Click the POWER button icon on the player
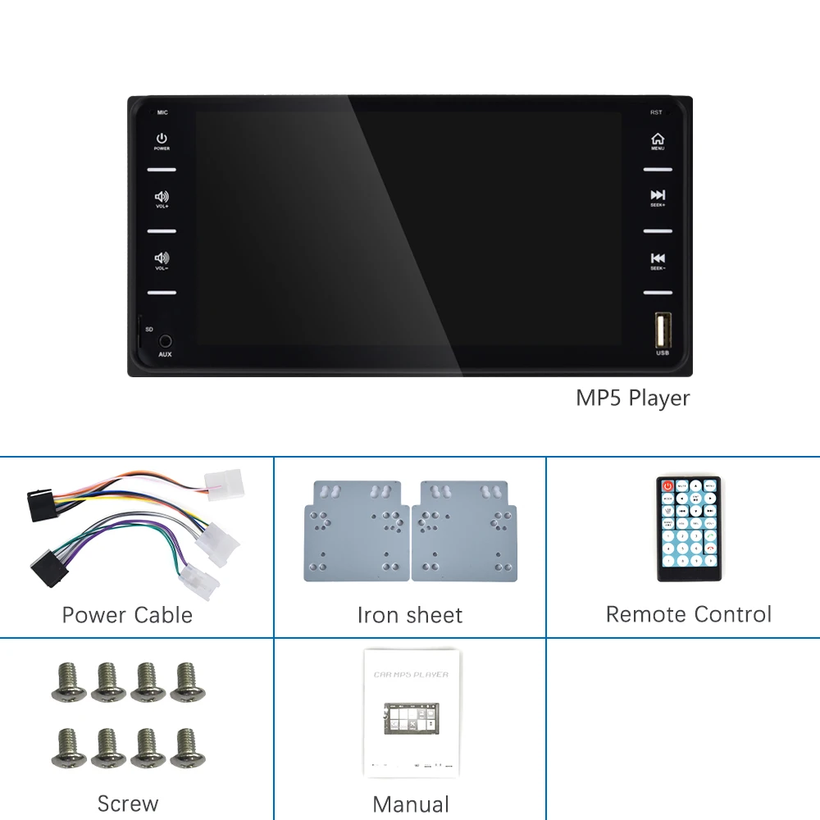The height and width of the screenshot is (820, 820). pyautogui.click(x=162, y=139)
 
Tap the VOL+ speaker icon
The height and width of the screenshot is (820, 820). pyautogui.click(x=162, y=197)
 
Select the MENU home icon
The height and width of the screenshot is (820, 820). pyautogui.click(x=658, y=139)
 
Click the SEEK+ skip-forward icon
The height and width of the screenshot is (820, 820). pyautogui.click(x=658, y=195)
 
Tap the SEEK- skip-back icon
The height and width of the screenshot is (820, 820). pyautogui.click(x=658, y=258)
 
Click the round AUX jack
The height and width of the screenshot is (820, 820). pyautogui.click(x=166, y=340)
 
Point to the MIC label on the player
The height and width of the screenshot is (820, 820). pyautogui.click(x=162, y=112)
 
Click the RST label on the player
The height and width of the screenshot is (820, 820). pyautogui.click(x=656, y=112)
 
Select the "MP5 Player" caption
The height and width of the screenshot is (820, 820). pyautogui.click(x=632, y=399)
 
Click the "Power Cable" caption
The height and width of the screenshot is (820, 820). pyautogui.click(x=127, y=615)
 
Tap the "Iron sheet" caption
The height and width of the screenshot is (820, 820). pyautogui.click(x=410, y=615)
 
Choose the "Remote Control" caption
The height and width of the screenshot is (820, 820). pyautogui.click(x=689, y=614)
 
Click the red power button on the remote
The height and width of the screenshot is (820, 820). pyautogui.click(x=668, y=485)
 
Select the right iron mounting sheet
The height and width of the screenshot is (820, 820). pyautogui.click(x=465, y=531)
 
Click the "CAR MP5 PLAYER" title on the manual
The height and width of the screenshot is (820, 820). pyautogui.click(x=411, y=674)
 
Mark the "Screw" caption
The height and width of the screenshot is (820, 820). pyautogui.click(x=127, y=804)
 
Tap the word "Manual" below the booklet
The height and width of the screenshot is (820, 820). pyautogui.click(x=411, y=804)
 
